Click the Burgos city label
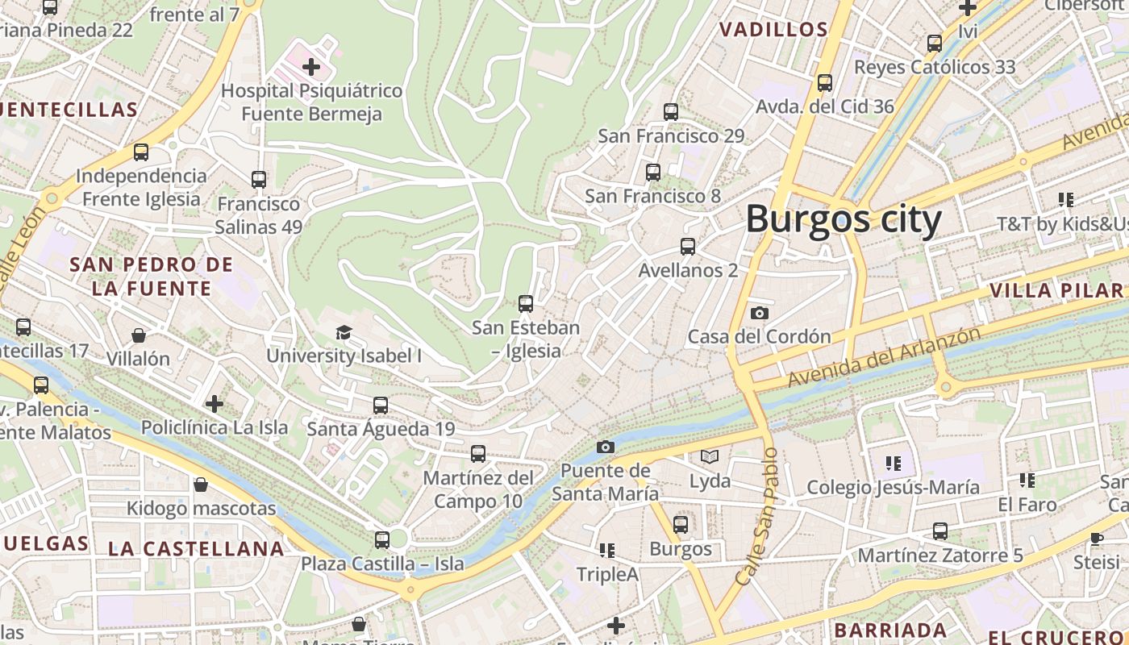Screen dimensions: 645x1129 tap(843, 220)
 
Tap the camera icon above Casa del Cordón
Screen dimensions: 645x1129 tap(759, 314)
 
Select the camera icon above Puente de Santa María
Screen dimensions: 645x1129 tap(606, 447)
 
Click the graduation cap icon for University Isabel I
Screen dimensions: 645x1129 tap(344, 332)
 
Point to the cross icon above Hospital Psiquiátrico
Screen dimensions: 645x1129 tap(311, 67)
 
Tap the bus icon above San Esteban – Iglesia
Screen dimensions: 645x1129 tap(526, 304)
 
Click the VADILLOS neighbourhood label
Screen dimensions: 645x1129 tap(773, 31)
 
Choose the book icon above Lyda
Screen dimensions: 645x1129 tap(710, 457)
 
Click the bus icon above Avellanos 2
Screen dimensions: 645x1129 tap(688, 247)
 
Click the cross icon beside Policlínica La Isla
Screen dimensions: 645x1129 tap(215, 403)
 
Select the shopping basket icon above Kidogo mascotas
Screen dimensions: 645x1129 tap(201, 485)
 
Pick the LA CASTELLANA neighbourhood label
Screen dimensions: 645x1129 tap(196, 549)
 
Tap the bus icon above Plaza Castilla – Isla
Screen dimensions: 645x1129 tap(382, 539)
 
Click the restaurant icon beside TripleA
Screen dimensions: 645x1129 tap(607, 551)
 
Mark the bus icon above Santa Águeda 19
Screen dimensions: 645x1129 tap(381, 406)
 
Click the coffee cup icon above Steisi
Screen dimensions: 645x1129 tap(1097, 538)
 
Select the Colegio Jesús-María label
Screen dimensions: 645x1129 tap(894, 487)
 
